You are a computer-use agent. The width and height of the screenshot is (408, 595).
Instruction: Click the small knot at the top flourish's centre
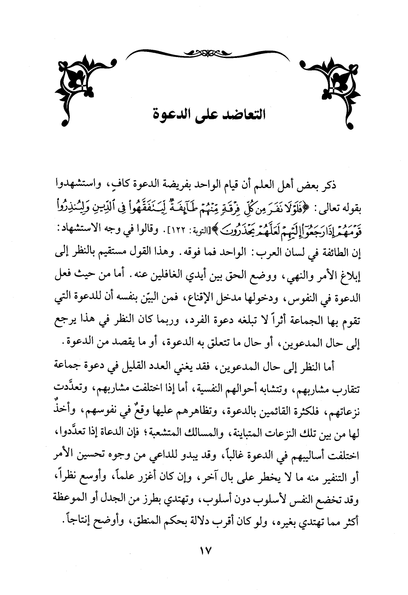coord(204,53)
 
